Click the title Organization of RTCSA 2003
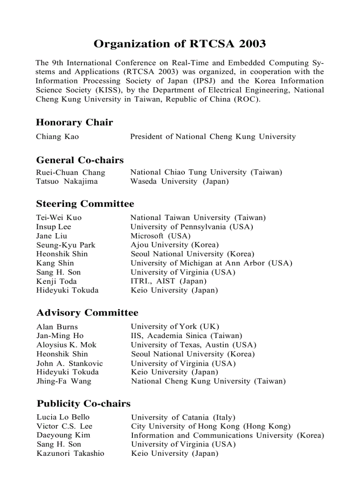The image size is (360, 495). pyautogui.click(x=180, y=44)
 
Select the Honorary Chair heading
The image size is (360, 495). pyautogui.click(x=74, y=123)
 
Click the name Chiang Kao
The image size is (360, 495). pyautogui.click(x=57, y=137)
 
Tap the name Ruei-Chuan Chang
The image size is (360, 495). pyautogui.click(x=71, y=172)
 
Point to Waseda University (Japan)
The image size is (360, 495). pyautogui.click(x=179, y=181)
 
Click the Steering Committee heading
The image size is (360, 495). pyautogui.click(x=85, y=204)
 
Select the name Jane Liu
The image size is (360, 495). pyautogui.click(x=52, y=236)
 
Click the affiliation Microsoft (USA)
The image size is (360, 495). pyautogui.click(x=160, y=236)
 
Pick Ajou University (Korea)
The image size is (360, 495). pyautogui.click(x=174, y=245)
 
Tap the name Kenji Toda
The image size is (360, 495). pyautogui.click(x=56, y=281)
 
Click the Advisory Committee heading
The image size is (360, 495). pyautogui.click(x=87, y=313)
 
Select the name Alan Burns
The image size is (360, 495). pyautogui.click(x=57, y=327)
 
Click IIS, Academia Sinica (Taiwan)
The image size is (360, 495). pyautogui.click(x=186, y=336)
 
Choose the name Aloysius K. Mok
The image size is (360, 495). pyautogui.click(x=66, y=345)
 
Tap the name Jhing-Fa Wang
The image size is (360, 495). pyautogui.click(x=64, y=381)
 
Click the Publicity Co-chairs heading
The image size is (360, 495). pyautogui.click(x=83, y=403)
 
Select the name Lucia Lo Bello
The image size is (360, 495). pyautogui.click(x=63, y=417)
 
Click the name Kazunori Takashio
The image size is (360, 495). pyautogui.click(x=70, y=453)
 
